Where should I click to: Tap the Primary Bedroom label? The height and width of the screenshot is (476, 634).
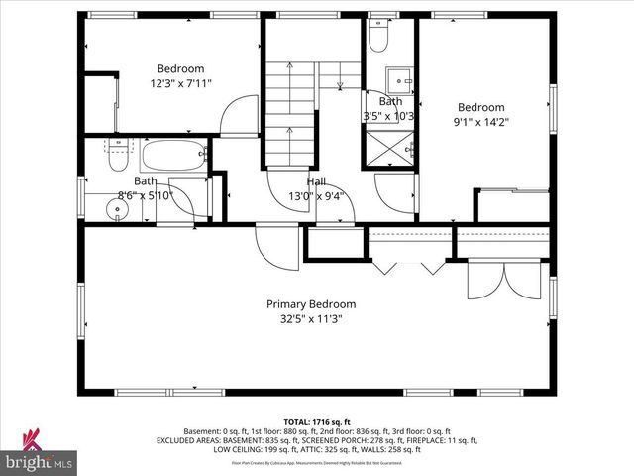310,304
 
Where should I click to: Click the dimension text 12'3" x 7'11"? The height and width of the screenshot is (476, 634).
181,84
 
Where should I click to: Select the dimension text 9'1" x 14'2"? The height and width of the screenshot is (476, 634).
480,123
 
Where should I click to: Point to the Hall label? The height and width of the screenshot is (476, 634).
316,181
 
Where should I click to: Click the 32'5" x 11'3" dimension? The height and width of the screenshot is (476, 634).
310,320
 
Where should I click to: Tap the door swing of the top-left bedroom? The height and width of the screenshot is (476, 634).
239,117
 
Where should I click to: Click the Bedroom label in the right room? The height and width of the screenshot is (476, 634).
480,107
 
